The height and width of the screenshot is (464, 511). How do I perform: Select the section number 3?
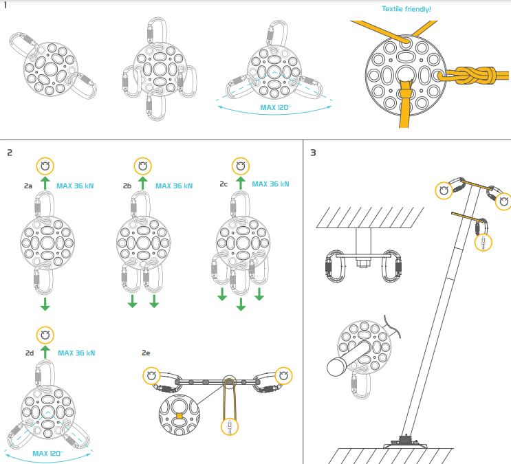(314, 152)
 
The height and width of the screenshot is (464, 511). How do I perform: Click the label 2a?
(28, 186)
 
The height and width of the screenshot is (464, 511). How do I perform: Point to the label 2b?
(127, 186)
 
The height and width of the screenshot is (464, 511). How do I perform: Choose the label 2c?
(224, 184)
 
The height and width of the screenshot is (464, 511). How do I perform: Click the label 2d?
(30, 353)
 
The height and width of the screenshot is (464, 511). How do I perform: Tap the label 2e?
(146, 353)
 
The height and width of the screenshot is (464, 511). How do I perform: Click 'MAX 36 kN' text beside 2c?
(270, 184)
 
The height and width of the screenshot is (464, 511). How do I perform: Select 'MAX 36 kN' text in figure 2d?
(76, 353)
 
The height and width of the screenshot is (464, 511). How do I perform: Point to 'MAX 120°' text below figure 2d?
(47, 454)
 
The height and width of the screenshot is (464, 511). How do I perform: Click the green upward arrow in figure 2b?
(142, 183)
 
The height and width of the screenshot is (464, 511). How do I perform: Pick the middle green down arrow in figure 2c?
(241, 303)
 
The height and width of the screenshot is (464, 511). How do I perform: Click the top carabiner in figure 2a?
(45, 206)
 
